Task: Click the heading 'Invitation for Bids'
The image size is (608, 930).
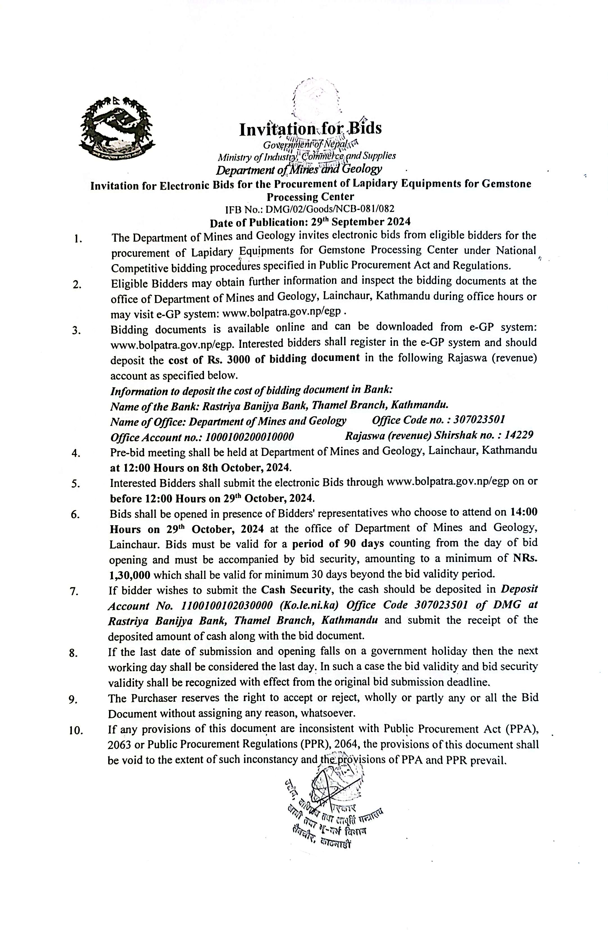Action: pos(310,129)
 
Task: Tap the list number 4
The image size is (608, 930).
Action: pos(76,453)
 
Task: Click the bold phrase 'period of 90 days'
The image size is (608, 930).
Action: pos(338,543)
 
